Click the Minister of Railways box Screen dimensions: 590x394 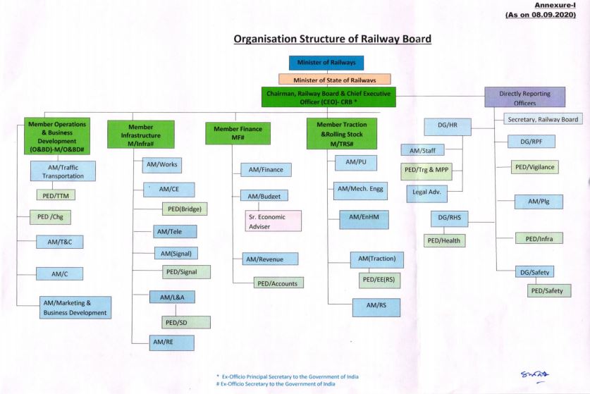[x=326, y=63]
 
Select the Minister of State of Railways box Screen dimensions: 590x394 [x=335, y=80]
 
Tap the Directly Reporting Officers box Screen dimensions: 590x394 [x=524, y=97]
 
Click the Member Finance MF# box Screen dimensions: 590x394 [x=238, y=133]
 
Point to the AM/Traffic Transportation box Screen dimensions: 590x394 [x=63, y=171]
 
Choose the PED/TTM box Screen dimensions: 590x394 [x=56, y=195]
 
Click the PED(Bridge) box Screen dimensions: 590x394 [x=185, y=209]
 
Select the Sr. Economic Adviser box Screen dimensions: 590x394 [x=274, y=221]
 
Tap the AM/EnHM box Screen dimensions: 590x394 [x=364, y=220]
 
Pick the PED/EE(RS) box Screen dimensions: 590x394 [x=379, y=281]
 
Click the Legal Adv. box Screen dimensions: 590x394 [x=426, y=193]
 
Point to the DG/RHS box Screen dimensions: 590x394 [x=449, y=218]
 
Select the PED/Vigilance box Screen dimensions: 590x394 [x=535, y=167]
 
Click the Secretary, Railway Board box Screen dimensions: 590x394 [x=543, y=119]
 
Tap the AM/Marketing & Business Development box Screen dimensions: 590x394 [x=75, y=307]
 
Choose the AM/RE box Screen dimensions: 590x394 [x=171, y=343]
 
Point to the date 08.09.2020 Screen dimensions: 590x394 [x=553, y=15]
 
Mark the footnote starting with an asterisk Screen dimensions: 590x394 [x=288, y=376]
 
